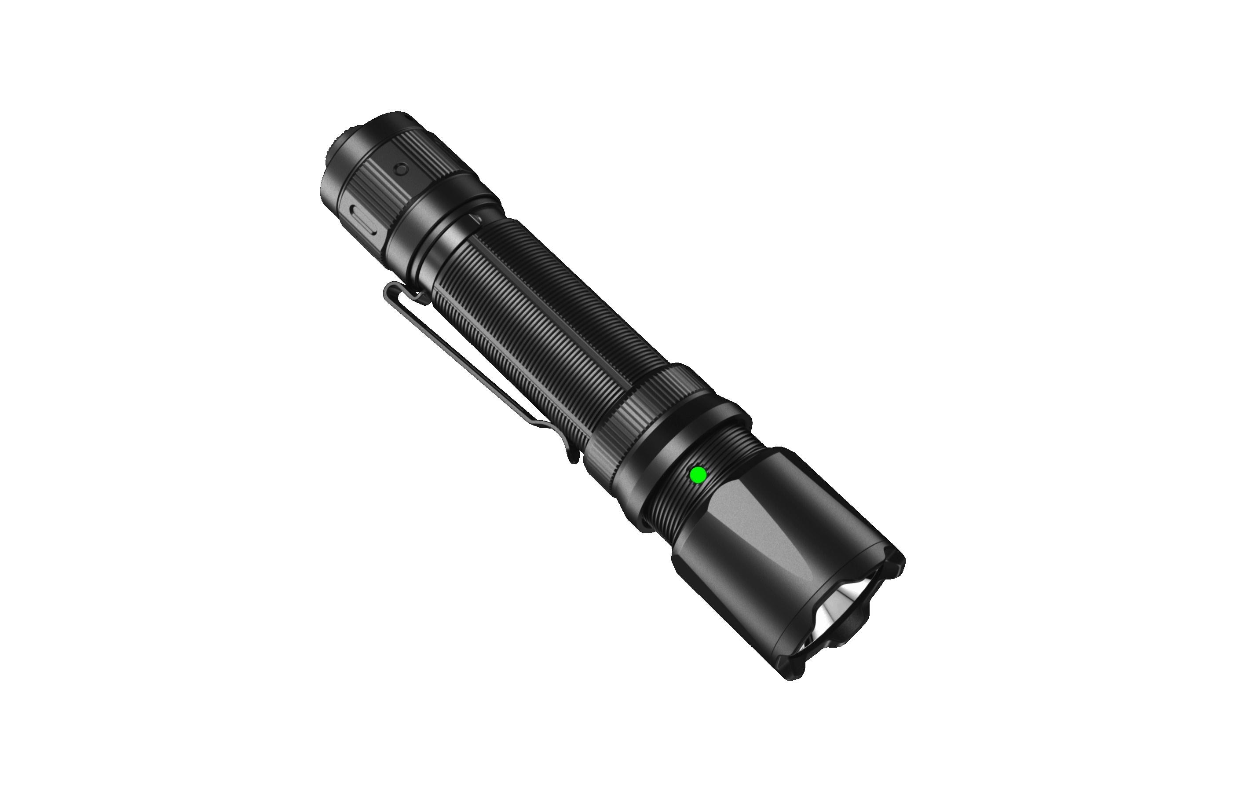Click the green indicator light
click(x=698, y=475)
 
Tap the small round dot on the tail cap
click(x=401, y=169)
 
